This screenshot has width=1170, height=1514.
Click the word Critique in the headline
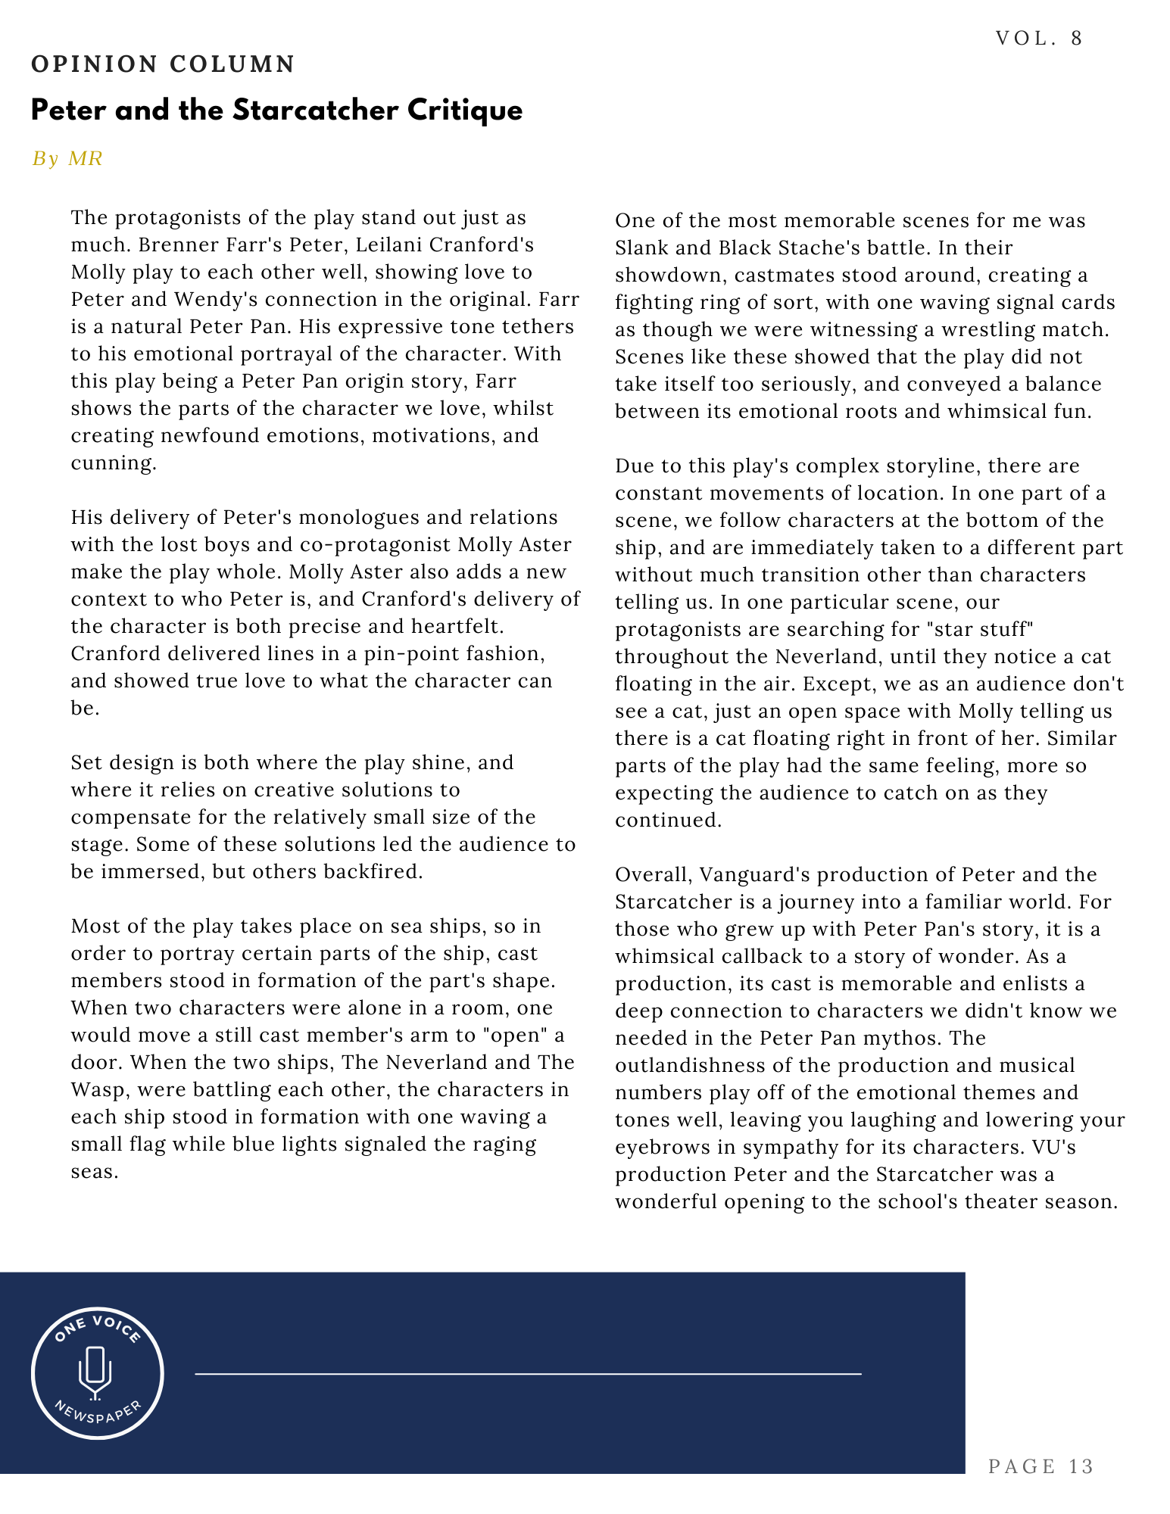tap(465, 111)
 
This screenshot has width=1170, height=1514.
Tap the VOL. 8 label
tap(1039, 39)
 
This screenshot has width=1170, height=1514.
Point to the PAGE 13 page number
tap(1041, 1466)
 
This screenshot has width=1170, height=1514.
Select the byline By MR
tap(67, 158)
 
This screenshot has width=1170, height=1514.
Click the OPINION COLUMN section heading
tap(163, 64)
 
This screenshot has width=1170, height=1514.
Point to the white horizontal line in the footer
tap(528, 1373)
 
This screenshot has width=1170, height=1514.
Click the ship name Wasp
tap(98, 1089)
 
